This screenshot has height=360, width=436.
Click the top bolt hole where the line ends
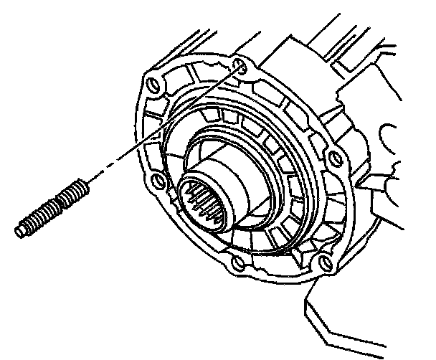point(239,67)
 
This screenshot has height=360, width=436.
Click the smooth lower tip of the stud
point(20,231)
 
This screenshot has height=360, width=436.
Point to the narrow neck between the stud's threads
point(60,203)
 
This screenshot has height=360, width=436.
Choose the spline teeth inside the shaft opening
point(203,204)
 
